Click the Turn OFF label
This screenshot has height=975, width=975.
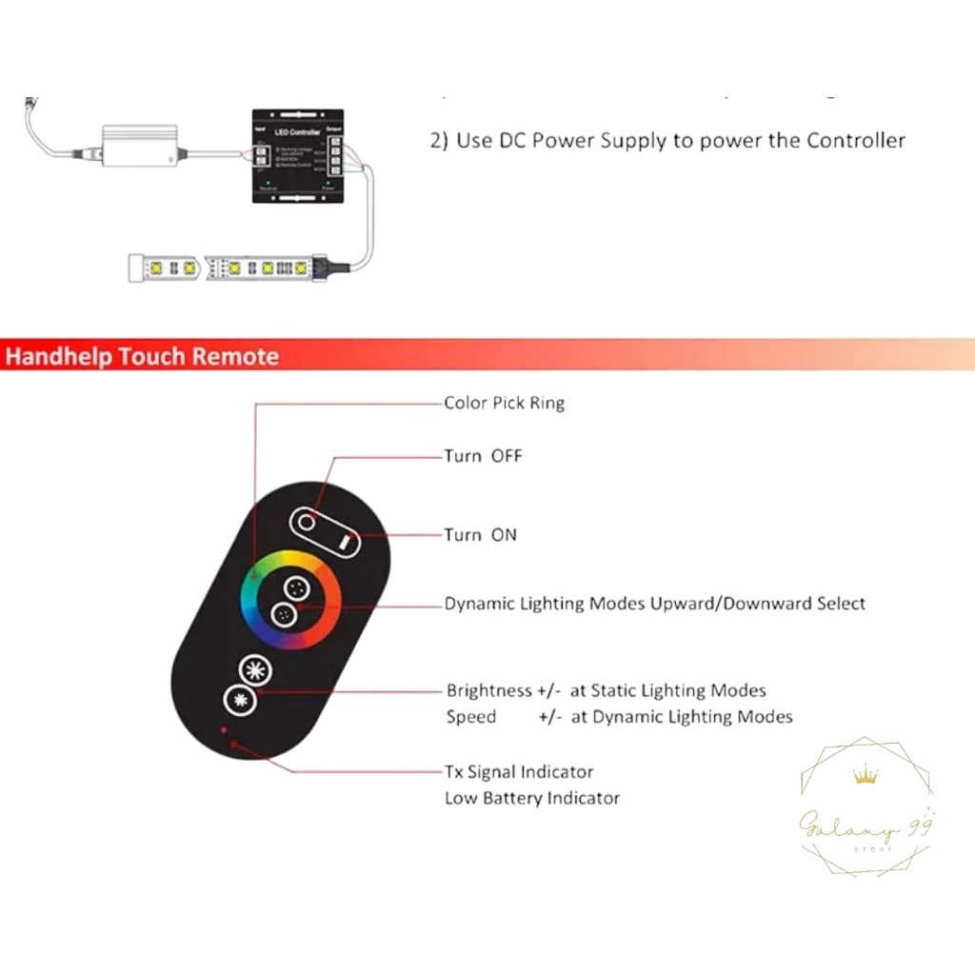[x=483, y=456]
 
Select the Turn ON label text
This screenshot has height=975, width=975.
[x=481, y=535]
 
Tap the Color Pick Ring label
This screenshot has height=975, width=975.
[x=504, y=403]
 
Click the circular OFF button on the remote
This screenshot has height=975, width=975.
[x=307, y=522]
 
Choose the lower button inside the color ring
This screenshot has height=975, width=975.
[x=283, y=614]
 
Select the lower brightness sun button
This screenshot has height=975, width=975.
[x=238, y=702]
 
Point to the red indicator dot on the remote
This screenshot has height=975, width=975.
[x=224, y=730]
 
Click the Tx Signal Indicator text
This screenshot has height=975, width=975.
[x=519, y=772]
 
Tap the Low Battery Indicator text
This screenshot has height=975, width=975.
[x=531, y=798]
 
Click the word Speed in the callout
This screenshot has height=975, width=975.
[x=471, y=717]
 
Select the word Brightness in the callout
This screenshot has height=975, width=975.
[x=489, y=690]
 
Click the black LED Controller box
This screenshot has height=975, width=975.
[x=294, y=155]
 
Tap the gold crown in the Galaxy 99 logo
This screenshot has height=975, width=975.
[x=866, y=776]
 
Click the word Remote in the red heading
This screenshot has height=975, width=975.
[x=236, y=357]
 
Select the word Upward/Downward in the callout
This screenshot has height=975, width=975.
[x=731, y=604]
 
